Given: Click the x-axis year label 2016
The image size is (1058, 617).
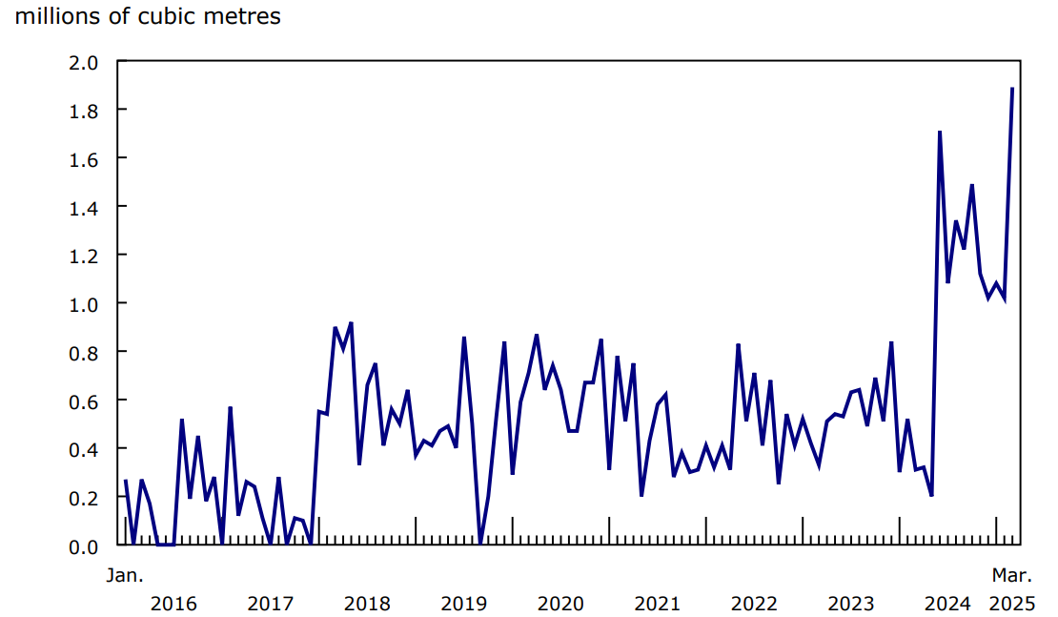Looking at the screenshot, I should click(173, 604).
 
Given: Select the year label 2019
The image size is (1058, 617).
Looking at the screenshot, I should click(464, 604).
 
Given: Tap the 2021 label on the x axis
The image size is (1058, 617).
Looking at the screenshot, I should click(657, 604).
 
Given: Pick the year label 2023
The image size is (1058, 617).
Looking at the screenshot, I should click(851, 604).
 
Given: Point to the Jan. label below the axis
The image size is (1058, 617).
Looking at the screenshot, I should click(123, 575).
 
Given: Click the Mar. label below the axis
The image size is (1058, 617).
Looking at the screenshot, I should click(1011, 575).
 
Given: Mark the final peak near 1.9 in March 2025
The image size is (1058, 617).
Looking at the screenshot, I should click(1011, 89).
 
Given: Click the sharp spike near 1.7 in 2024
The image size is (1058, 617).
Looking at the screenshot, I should click(940, 133).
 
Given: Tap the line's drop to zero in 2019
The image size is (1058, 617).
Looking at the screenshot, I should click(480, 544).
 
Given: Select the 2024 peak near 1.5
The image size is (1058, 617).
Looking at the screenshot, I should click(971, 186).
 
